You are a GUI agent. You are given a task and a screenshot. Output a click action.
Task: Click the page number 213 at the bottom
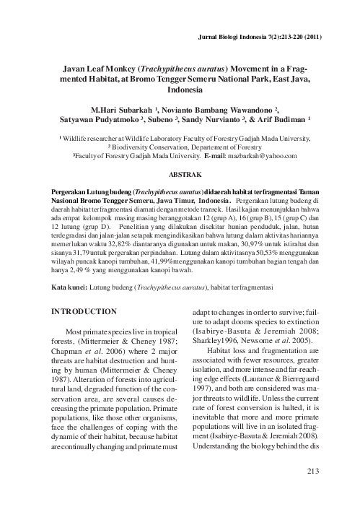click(x=312, y=472)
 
